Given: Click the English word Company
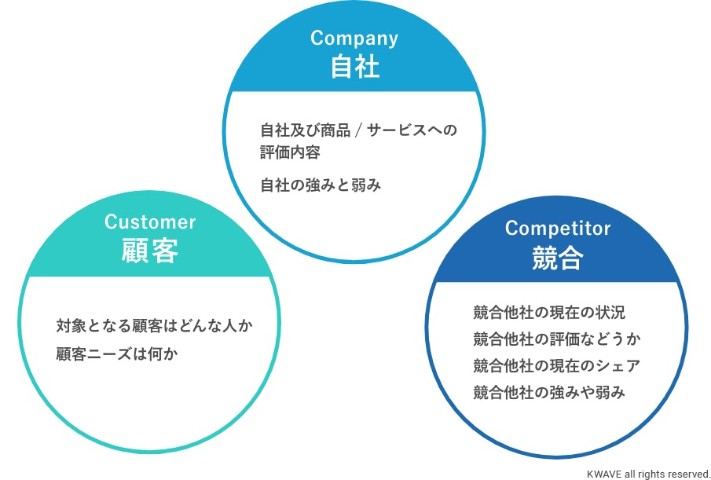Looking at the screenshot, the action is (x=354, y=39).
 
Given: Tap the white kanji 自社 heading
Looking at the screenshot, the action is (x=354, y=67).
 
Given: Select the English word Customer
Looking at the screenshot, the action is (x=150, y=222).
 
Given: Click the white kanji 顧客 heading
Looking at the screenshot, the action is (x=150, y=251).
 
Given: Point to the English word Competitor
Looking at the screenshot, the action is (x=558, y=229).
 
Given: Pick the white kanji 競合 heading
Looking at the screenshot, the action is (x=558, y=258).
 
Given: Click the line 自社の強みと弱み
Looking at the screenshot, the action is (x=321, y=185).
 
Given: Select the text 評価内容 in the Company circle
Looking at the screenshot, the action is (x=290, y=152).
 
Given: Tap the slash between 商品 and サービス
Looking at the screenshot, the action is (x=358, y=130).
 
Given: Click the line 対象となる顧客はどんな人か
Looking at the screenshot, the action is (x=155, y=326).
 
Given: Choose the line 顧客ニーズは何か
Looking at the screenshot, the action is (x=117, y=354).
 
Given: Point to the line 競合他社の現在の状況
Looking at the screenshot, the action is (x=549, y=313).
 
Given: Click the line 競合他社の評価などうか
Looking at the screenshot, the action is (x=557, y=339).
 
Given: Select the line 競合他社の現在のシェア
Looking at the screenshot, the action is (x=557, y=365).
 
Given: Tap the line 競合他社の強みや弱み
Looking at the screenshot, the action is (x=549, y=392).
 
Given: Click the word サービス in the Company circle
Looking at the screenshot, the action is (x=397, y=130).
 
